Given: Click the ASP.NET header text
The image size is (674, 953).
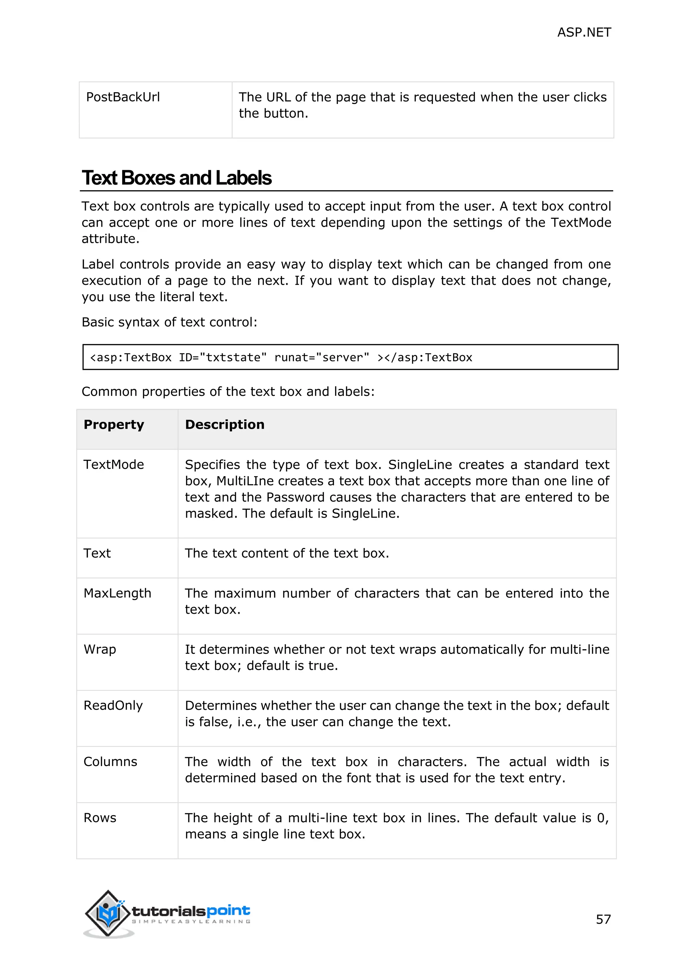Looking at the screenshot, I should coord(583,32).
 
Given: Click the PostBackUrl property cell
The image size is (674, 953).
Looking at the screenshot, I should coord(123,97).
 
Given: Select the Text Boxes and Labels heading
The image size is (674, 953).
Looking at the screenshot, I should coord(176,178).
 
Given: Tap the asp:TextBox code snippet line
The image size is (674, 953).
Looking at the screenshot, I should coord(281,357).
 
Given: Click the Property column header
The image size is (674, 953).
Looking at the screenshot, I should coord(114,425).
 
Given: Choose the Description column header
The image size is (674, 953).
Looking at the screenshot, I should coord(224,425).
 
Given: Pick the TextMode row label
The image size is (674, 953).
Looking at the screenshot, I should coord(114,464).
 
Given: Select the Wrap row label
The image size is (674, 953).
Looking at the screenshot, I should coord(100,650).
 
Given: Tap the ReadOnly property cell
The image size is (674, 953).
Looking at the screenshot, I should coord(113,706).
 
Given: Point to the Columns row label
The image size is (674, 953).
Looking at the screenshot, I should coord(110,762).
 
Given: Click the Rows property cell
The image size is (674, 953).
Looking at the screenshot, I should coord(100,818).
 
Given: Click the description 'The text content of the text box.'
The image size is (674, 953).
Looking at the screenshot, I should coord(287,553).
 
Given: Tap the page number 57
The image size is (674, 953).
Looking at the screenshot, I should coord(603,919).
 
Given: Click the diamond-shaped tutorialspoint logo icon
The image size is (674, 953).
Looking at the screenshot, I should coord(108,913).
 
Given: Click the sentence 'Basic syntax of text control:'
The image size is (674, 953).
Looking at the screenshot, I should coord(169,322).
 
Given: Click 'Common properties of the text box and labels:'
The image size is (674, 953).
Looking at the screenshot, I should coord(228,391).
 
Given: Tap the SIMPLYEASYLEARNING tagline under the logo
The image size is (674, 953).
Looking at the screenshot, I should coord(191,922).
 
